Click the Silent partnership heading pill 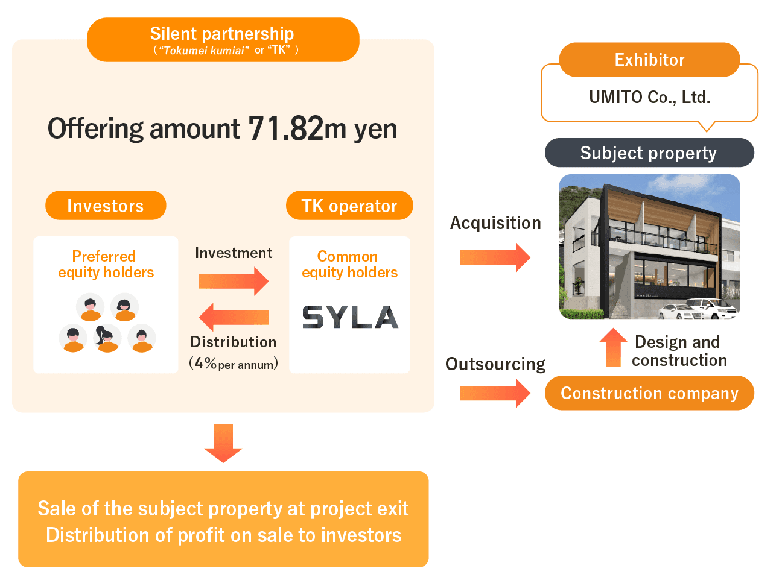223,40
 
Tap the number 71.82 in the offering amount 285,128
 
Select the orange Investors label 106,206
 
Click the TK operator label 349,206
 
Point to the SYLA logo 350,317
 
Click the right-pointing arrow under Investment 234,281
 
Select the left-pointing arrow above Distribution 234,317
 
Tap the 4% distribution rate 206,363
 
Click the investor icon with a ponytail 107,339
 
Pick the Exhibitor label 649,60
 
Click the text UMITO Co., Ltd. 649,97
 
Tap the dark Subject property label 649,153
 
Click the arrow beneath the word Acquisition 495,257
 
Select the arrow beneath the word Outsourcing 495,393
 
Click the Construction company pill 649,393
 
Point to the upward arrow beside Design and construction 614,347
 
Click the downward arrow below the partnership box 223,443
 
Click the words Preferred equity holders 106,264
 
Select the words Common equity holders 349,264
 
